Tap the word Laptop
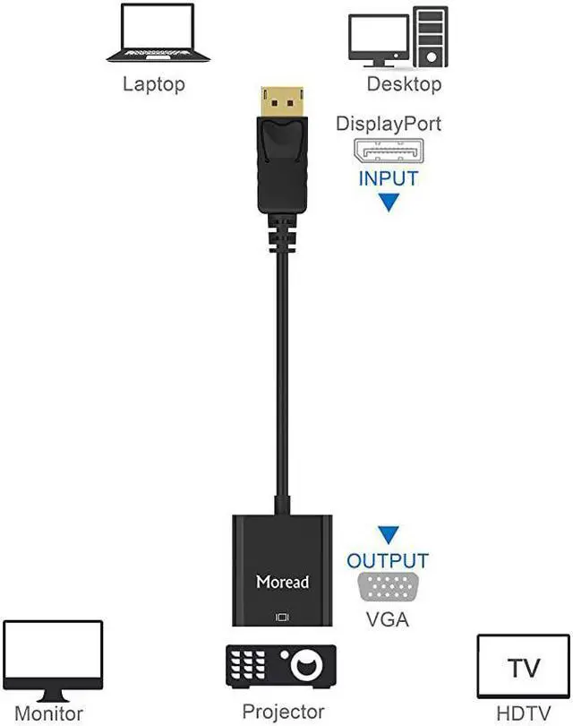click(x=153, y=85)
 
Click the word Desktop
click(x=404, y=85)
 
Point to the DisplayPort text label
click(x=389, y=124)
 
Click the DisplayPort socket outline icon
click(x=389, y=151)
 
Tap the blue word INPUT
click(x=389, y=178)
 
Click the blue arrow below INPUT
click(x=389, y=203)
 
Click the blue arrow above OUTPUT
click(x=388, y=537)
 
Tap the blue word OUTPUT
click(x=388, y=562)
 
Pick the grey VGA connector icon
click(x=388, y=588)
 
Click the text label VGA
click(x=388, y=618)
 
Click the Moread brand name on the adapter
click(x=282, y=582)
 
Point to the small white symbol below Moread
click(x=284, y=617)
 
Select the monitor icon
click(x=53, y=661)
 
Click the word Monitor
click(x=49, y=713)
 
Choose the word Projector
click(x=284, y=713)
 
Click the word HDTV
click(x=522, y=713)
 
